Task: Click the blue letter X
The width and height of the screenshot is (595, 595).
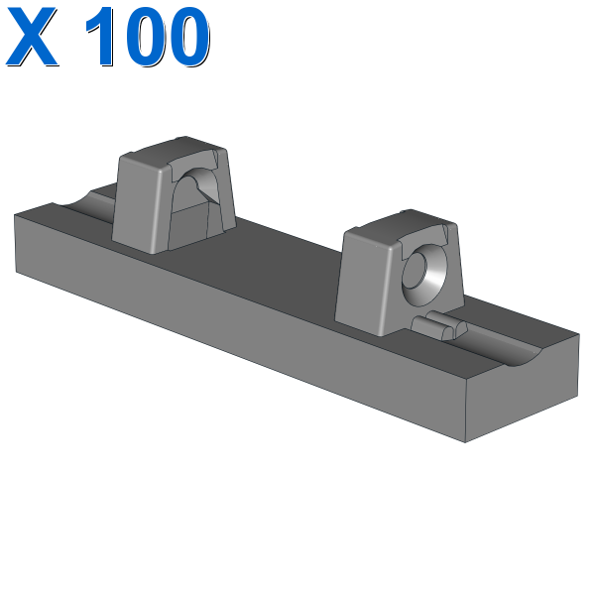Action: [32, 37]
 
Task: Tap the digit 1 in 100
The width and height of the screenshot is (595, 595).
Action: [101, 37]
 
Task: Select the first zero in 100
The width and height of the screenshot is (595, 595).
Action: [147, 37]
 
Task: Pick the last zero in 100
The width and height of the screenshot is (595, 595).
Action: [189, 37]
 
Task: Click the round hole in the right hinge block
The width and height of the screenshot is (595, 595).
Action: [424, 275]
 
